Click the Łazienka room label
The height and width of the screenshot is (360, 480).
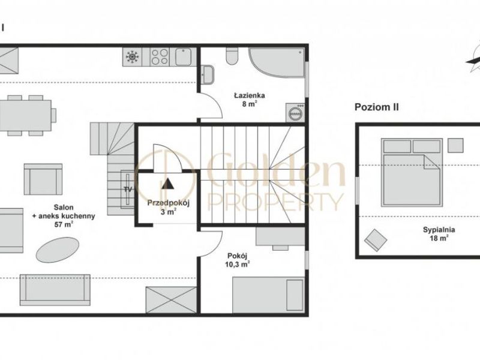(x=250, y=95)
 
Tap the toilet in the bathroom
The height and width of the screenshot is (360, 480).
(x=232, y=56)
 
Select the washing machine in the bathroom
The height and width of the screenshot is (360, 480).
(x=295, y=113)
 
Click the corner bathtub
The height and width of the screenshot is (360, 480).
(x=277, y=62)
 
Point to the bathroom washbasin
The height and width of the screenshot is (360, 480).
(x=207, y=74)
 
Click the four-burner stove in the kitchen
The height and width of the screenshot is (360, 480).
(x=160, y=57)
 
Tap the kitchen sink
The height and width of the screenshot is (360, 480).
(x=184, y=57)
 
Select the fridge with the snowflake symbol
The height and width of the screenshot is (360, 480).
(x=132, y=57)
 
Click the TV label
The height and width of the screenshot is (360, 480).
(x=128, y=189)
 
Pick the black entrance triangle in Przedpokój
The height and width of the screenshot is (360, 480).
(x=167, y=184)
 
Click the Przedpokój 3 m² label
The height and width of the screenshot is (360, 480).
(x=169, y=207)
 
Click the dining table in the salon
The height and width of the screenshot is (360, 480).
(x=25, y=115)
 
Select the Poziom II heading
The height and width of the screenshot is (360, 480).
(x=377, y=107)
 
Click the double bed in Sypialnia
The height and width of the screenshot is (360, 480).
(x=412, y=172)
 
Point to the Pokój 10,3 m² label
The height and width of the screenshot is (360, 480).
(x=237, y=260)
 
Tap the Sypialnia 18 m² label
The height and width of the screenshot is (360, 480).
(x=439, y=234)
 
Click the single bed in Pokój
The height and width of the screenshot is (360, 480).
(x=268, y=295)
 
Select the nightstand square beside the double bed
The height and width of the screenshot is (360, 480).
(x=455, y=145)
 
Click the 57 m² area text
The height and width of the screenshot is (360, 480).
(x=64, y=224)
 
